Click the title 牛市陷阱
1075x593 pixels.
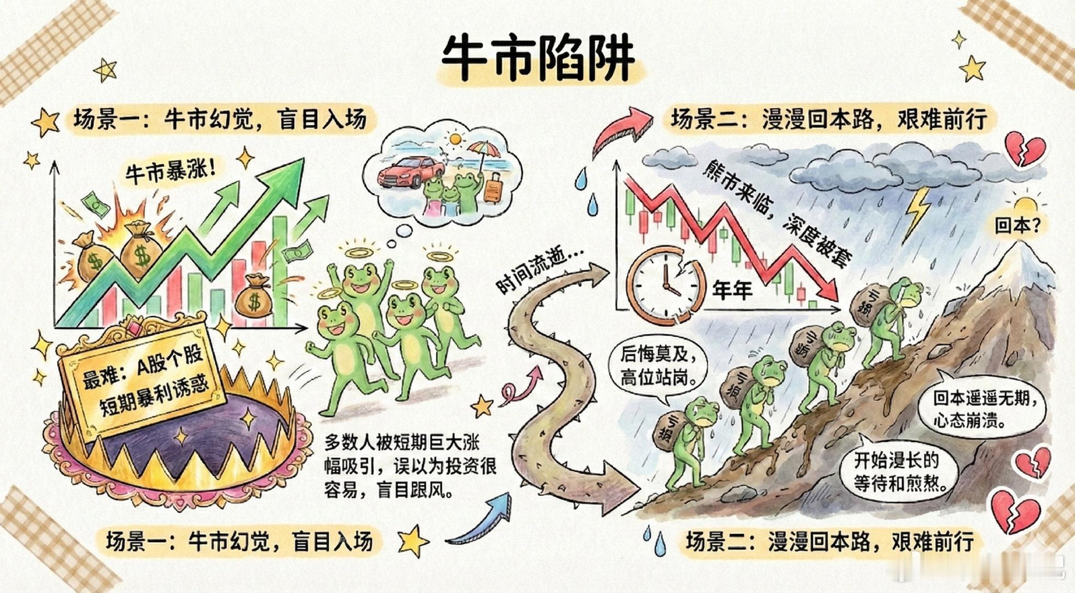pos(538,58)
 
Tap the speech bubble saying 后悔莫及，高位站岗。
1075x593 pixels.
pos(658,366)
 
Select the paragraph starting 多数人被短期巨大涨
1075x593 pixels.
pos(410,466)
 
